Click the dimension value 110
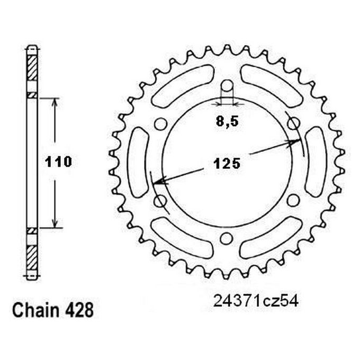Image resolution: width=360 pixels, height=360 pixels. click(x=58, y=162)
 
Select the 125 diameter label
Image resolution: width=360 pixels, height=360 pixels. click(x=227, y=164)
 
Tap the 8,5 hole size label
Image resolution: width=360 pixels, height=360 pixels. click(x=227, y=121)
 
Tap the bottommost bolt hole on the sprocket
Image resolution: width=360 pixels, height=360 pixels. click(x=227, y=237)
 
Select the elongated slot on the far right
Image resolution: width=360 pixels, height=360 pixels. click(x=316, y=162)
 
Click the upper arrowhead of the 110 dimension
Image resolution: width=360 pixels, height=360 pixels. click(x=54, y=102)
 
